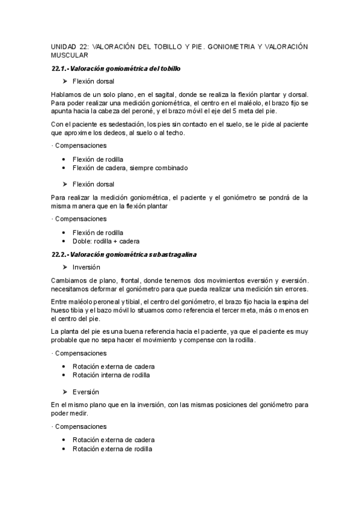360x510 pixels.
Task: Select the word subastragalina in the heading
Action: click(175, 254)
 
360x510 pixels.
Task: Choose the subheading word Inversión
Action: click(87, 267)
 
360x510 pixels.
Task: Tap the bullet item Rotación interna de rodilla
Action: click(111, 375)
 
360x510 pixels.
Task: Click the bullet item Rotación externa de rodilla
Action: click(112, 449)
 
